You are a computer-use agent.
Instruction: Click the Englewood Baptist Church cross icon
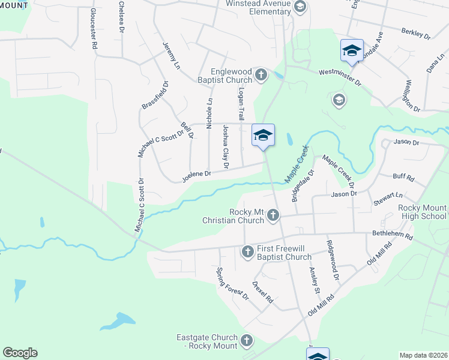261,74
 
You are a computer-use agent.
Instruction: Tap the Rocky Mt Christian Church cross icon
273,215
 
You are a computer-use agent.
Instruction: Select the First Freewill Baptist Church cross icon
247,252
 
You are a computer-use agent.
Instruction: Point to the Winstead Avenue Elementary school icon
301,7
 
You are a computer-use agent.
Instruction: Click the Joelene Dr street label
197,175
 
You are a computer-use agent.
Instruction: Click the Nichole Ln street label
209,113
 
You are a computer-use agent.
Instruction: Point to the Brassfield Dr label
155,95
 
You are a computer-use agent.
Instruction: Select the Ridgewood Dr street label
333,260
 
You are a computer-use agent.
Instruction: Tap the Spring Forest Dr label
232,284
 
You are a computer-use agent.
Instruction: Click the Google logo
20,353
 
